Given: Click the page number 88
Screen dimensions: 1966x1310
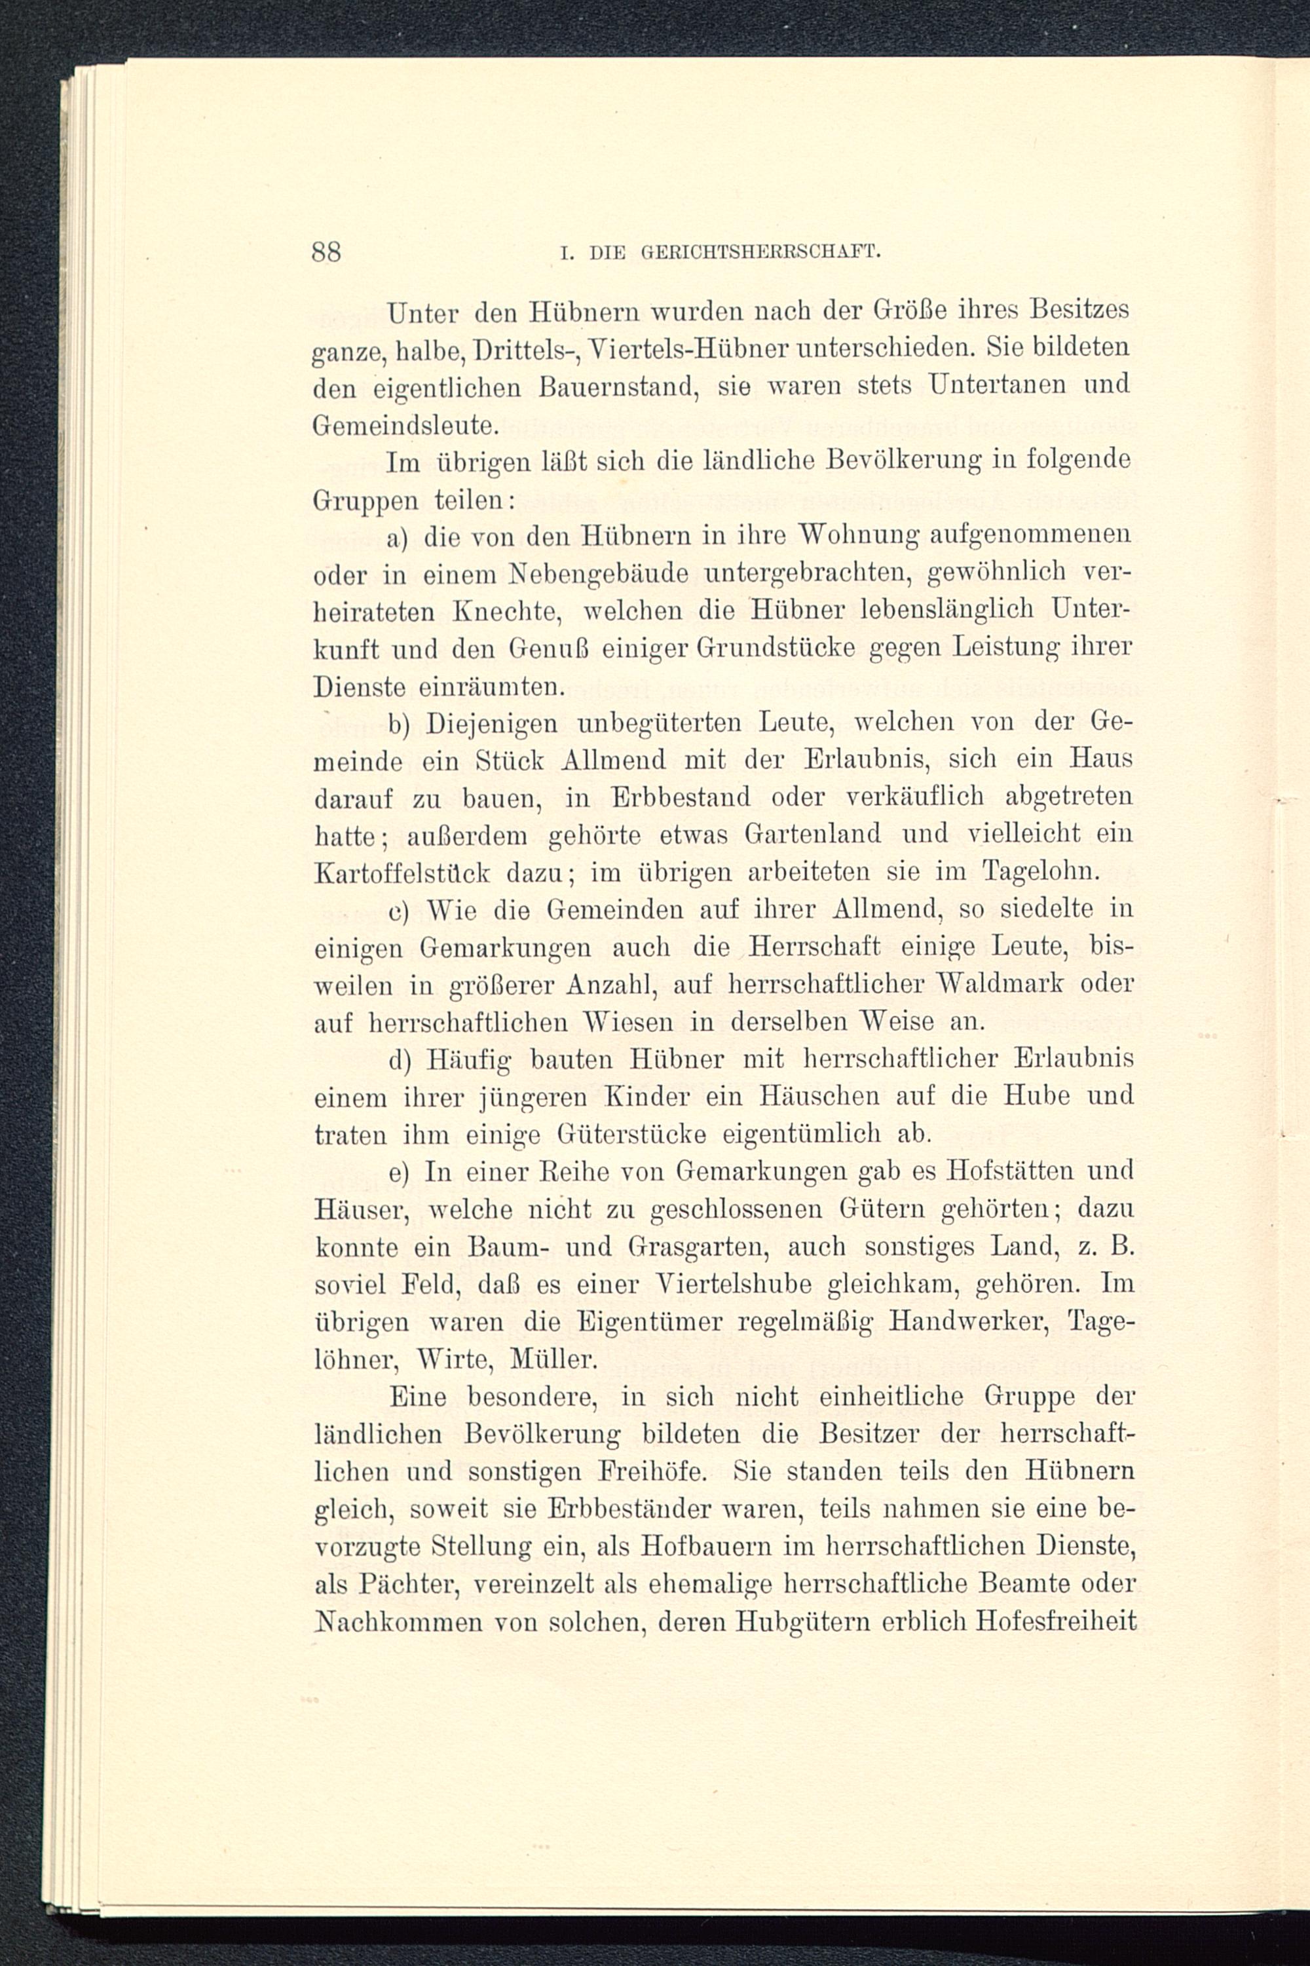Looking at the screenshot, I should pos(326,252).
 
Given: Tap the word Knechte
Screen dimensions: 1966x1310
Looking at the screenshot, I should pos(506,613).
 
